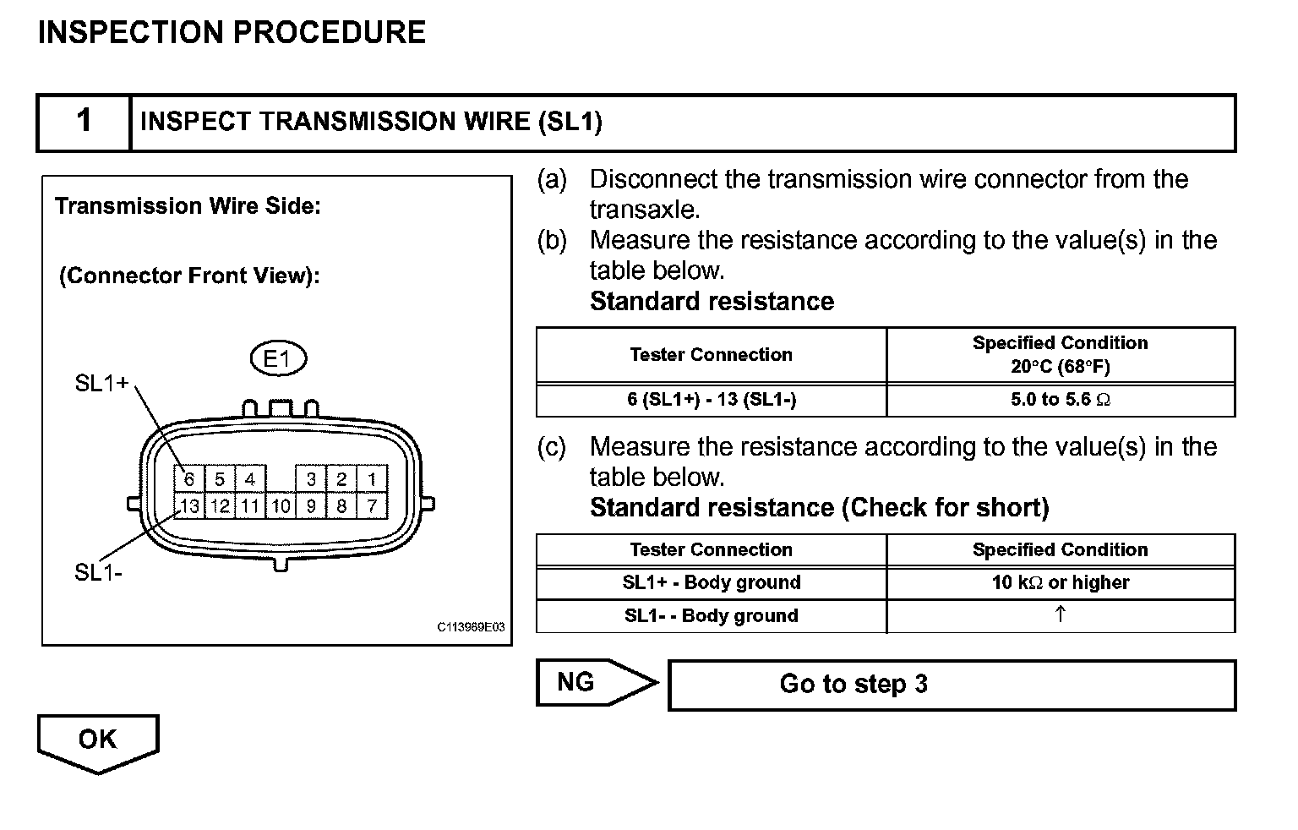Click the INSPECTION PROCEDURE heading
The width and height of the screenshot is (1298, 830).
coord(232,33)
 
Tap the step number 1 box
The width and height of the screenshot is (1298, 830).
coord(84,121)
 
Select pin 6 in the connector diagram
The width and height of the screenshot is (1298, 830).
coord(189,479)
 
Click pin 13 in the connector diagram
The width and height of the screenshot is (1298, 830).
coord(189,506)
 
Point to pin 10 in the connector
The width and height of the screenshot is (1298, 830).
coord(281,506)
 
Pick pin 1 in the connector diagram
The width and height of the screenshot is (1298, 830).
coord(372,479)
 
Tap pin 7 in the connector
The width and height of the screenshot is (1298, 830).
coord(372,506)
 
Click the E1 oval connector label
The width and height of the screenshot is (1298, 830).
coord(278,359)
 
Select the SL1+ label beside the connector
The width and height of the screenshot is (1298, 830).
coord(101,384)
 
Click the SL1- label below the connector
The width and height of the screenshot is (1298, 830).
coord(98,572)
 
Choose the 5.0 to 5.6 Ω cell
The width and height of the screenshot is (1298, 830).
coord(1060,400)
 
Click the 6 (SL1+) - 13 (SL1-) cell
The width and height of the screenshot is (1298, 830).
coord(711,400)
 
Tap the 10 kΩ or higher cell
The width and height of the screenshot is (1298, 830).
coord(1060,582)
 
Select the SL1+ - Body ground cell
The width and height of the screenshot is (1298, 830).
coord(711,582)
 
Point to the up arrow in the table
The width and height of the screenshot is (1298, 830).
coord(1060,614)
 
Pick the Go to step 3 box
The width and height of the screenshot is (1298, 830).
coord(951,684)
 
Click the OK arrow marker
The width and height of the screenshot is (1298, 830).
coord(97,740)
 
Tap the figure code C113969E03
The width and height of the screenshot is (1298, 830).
coord(471,627)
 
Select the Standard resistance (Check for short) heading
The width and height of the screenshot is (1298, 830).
coord(819,507)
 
